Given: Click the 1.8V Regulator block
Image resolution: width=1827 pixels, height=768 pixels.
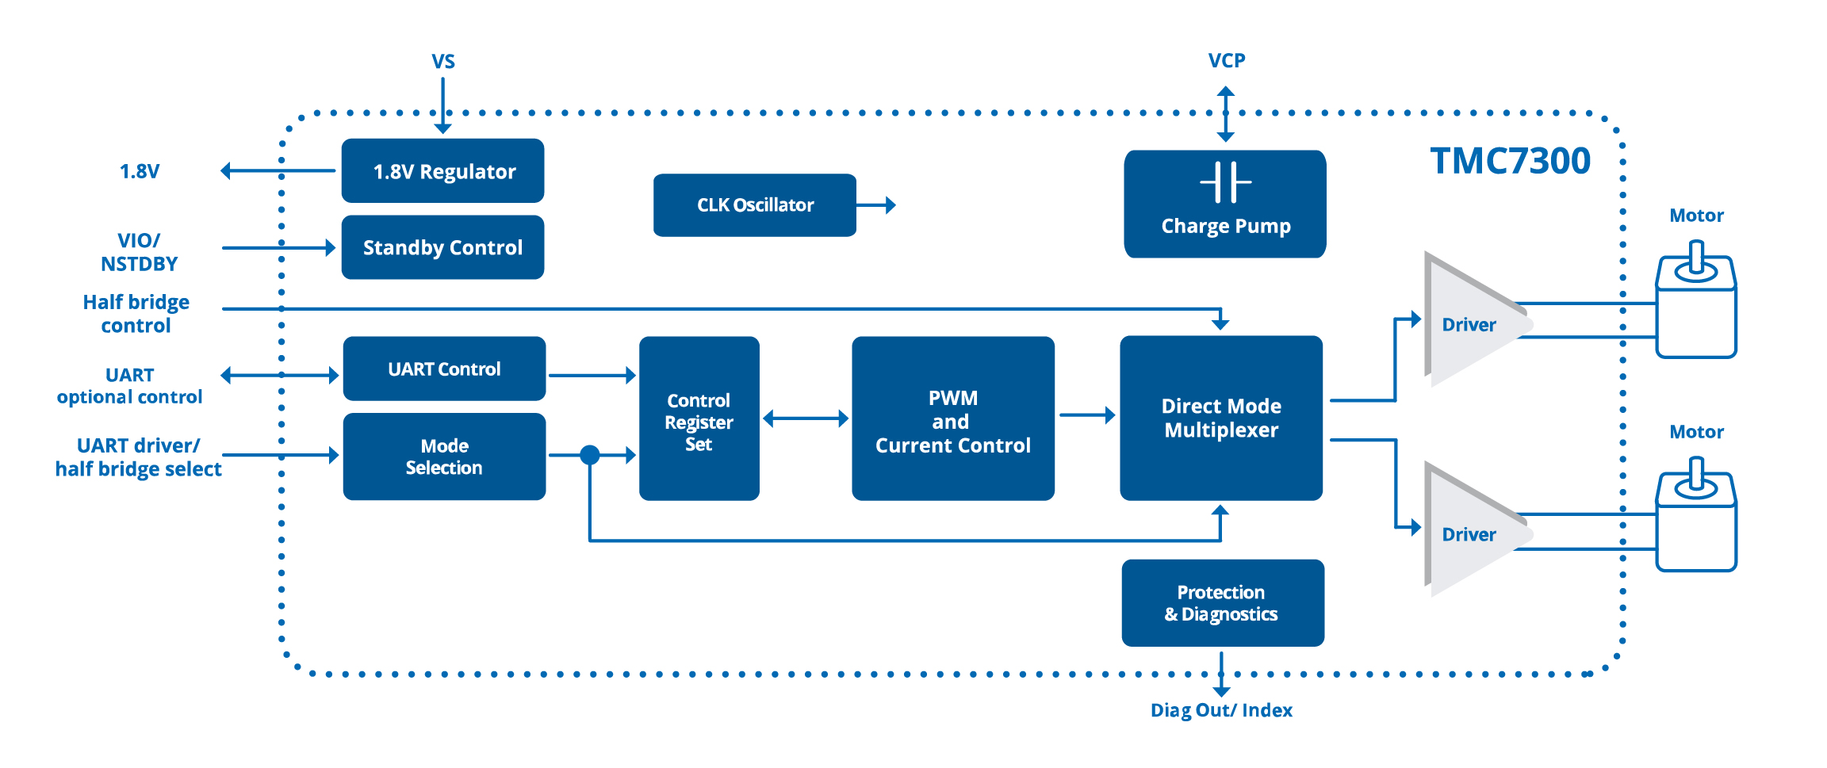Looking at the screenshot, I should [x=442, y=171].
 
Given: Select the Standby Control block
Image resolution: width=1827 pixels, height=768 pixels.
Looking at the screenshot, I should [x=442, y=247].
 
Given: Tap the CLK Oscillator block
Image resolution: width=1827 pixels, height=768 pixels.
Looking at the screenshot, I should [x=754, y=205].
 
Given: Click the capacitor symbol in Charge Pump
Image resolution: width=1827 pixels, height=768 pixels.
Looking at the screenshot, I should [x=1225, y=182].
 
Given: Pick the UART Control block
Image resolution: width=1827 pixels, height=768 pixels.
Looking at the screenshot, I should [x=444, y=369].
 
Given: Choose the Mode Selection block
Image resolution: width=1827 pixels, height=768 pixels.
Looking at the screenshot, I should [x=444, y=457].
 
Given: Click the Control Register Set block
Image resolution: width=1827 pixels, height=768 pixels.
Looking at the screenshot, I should [x=699, y=418].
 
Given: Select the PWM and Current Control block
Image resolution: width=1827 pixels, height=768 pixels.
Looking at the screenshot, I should [x=952, y=418].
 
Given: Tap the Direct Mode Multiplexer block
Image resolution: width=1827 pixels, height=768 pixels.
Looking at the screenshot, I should [x=1220, y=418].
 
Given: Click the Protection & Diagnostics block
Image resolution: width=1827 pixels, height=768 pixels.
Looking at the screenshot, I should [x=1222, y=603].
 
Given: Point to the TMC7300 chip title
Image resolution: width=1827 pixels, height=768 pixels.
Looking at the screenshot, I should [x=1510, y=161].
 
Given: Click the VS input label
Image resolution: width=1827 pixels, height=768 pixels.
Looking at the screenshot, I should [x=442, y=62].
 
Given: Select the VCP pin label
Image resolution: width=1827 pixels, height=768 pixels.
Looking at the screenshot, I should [x=1226, y=61].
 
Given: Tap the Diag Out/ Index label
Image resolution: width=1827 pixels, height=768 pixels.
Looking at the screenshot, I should [x=1221, y=710].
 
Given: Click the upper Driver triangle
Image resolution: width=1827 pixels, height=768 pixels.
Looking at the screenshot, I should [x=1467, y=321].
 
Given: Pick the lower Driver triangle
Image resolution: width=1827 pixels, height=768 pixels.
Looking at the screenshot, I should [x=1467, y=531].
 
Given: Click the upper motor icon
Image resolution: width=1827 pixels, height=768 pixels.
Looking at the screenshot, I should [x=1696, y=305].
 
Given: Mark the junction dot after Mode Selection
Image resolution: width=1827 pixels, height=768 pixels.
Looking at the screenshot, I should [x=589, y=455].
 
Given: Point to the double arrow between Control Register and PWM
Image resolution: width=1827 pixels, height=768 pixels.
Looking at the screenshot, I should [x=805, y=418].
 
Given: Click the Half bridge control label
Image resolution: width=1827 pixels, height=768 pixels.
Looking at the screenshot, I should [x=136, y=314].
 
